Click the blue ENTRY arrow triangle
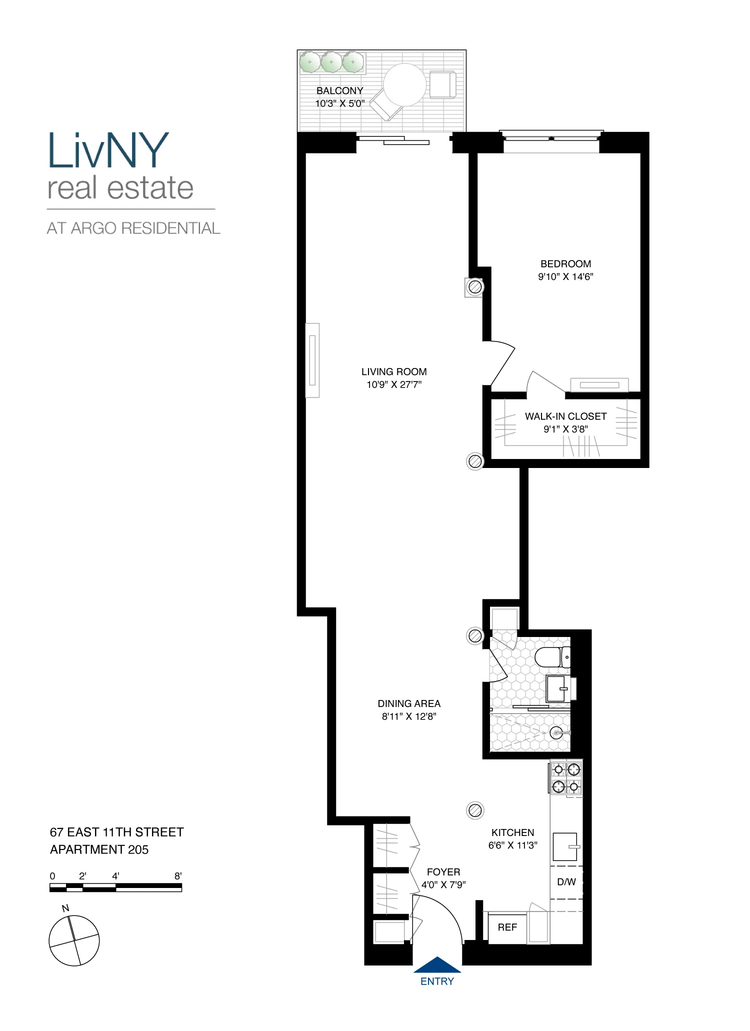click(437, 965)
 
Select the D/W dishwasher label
click(566, 882)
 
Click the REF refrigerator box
click(507, 927)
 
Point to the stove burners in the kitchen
click(566, 778)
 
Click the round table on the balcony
click(404, 84)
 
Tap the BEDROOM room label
click(565, 263)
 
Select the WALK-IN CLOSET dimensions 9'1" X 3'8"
click(565, 429)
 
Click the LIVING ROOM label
click(394, 371)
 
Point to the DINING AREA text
click(409, 703)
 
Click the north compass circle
click(74, 940)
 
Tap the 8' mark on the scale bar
click(178, 876)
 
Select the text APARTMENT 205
click(99, 849)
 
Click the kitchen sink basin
click(565, 846)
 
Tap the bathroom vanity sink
click(556, 688)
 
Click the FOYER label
click(443, 871)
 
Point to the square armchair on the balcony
click(442, 84)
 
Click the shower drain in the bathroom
click(556, 733)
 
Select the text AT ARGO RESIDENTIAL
click(133, 228)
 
